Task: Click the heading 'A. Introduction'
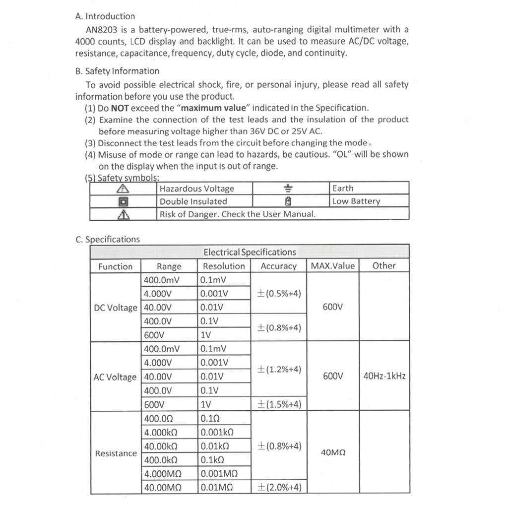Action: click(x=105, y=16)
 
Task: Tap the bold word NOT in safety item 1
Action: click(x=120, y=108)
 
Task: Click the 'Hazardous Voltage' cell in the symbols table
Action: click(x=196, y=189)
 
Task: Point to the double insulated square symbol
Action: click(x=123, y=201)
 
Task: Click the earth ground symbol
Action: click(x=288, y=189)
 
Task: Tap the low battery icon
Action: click(x=288, y=201)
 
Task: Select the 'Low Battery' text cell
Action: click(x=356, y=201)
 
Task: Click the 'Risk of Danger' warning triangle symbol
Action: click(x=123, y=214)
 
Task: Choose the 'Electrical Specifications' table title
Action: click(x=250, y=252)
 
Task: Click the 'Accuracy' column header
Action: click(x=278, y=266)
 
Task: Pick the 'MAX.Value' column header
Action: click(x=333, y=266)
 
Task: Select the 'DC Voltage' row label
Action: click(x=116, y=308)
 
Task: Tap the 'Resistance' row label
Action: click(x=116, y=453)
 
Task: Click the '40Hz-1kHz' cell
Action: click(x=384, y=376)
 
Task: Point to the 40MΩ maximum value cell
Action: click(x=333, y=452)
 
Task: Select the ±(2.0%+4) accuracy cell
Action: click(x=279, y=487)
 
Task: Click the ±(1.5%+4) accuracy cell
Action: click(x=279, y=404)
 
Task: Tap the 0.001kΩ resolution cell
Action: click(x=217, y=432)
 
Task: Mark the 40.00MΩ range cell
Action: click(x=163, y=488)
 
